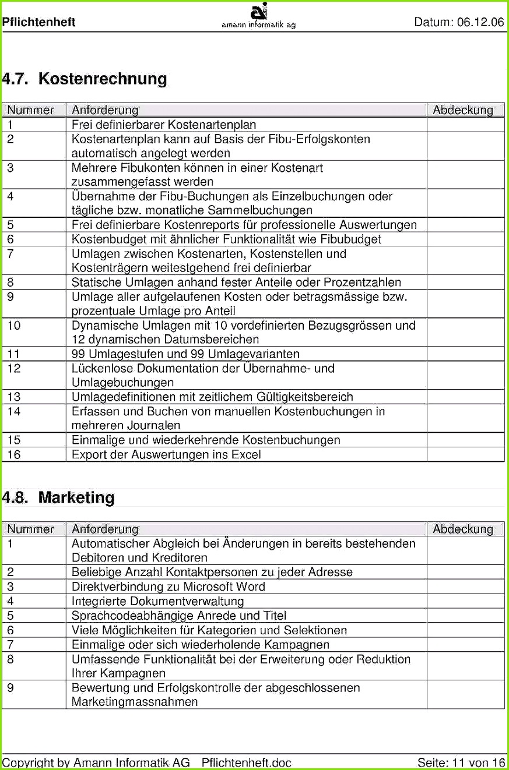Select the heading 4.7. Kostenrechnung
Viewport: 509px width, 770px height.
click(x=85, y=79)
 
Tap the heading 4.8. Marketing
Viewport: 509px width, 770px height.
click(x=58, y=498)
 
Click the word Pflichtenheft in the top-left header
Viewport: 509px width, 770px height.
click(x=38, y=23)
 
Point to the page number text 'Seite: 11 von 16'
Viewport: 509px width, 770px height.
click(x=461, y=762)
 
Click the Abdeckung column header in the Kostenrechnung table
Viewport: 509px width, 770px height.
click(x=463, y=110)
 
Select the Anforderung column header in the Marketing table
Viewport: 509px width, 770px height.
click(x=105, y=529)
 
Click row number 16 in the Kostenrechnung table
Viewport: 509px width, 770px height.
click(x=14, y=455)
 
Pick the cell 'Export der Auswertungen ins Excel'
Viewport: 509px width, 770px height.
click(x=166, y=455)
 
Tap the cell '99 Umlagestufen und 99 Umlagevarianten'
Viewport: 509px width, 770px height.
click(x=185, y=354)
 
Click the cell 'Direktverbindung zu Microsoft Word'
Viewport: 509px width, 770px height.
click(x=168, y=587)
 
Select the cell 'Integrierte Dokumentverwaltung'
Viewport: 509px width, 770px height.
click(x=157, y=601)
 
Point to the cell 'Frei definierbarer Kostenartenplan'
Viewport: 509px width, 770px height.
click(x=164, y=125)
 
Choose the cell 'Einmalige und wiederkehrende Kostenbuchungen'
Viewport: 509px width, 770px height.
click(x=206, y=440)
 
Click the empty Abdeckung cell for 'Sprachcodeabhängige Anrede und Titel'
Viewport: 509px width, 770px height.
click(x=465, y=616)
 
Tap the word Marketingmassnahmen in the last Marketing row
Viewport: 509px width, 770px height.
click(x=134, y=702)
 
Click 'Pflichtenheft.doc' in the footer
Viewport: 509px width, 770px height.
click(x=246, y=762)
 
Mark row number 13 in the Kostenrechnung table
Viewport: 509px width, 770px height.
click(x=14, y=397)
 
